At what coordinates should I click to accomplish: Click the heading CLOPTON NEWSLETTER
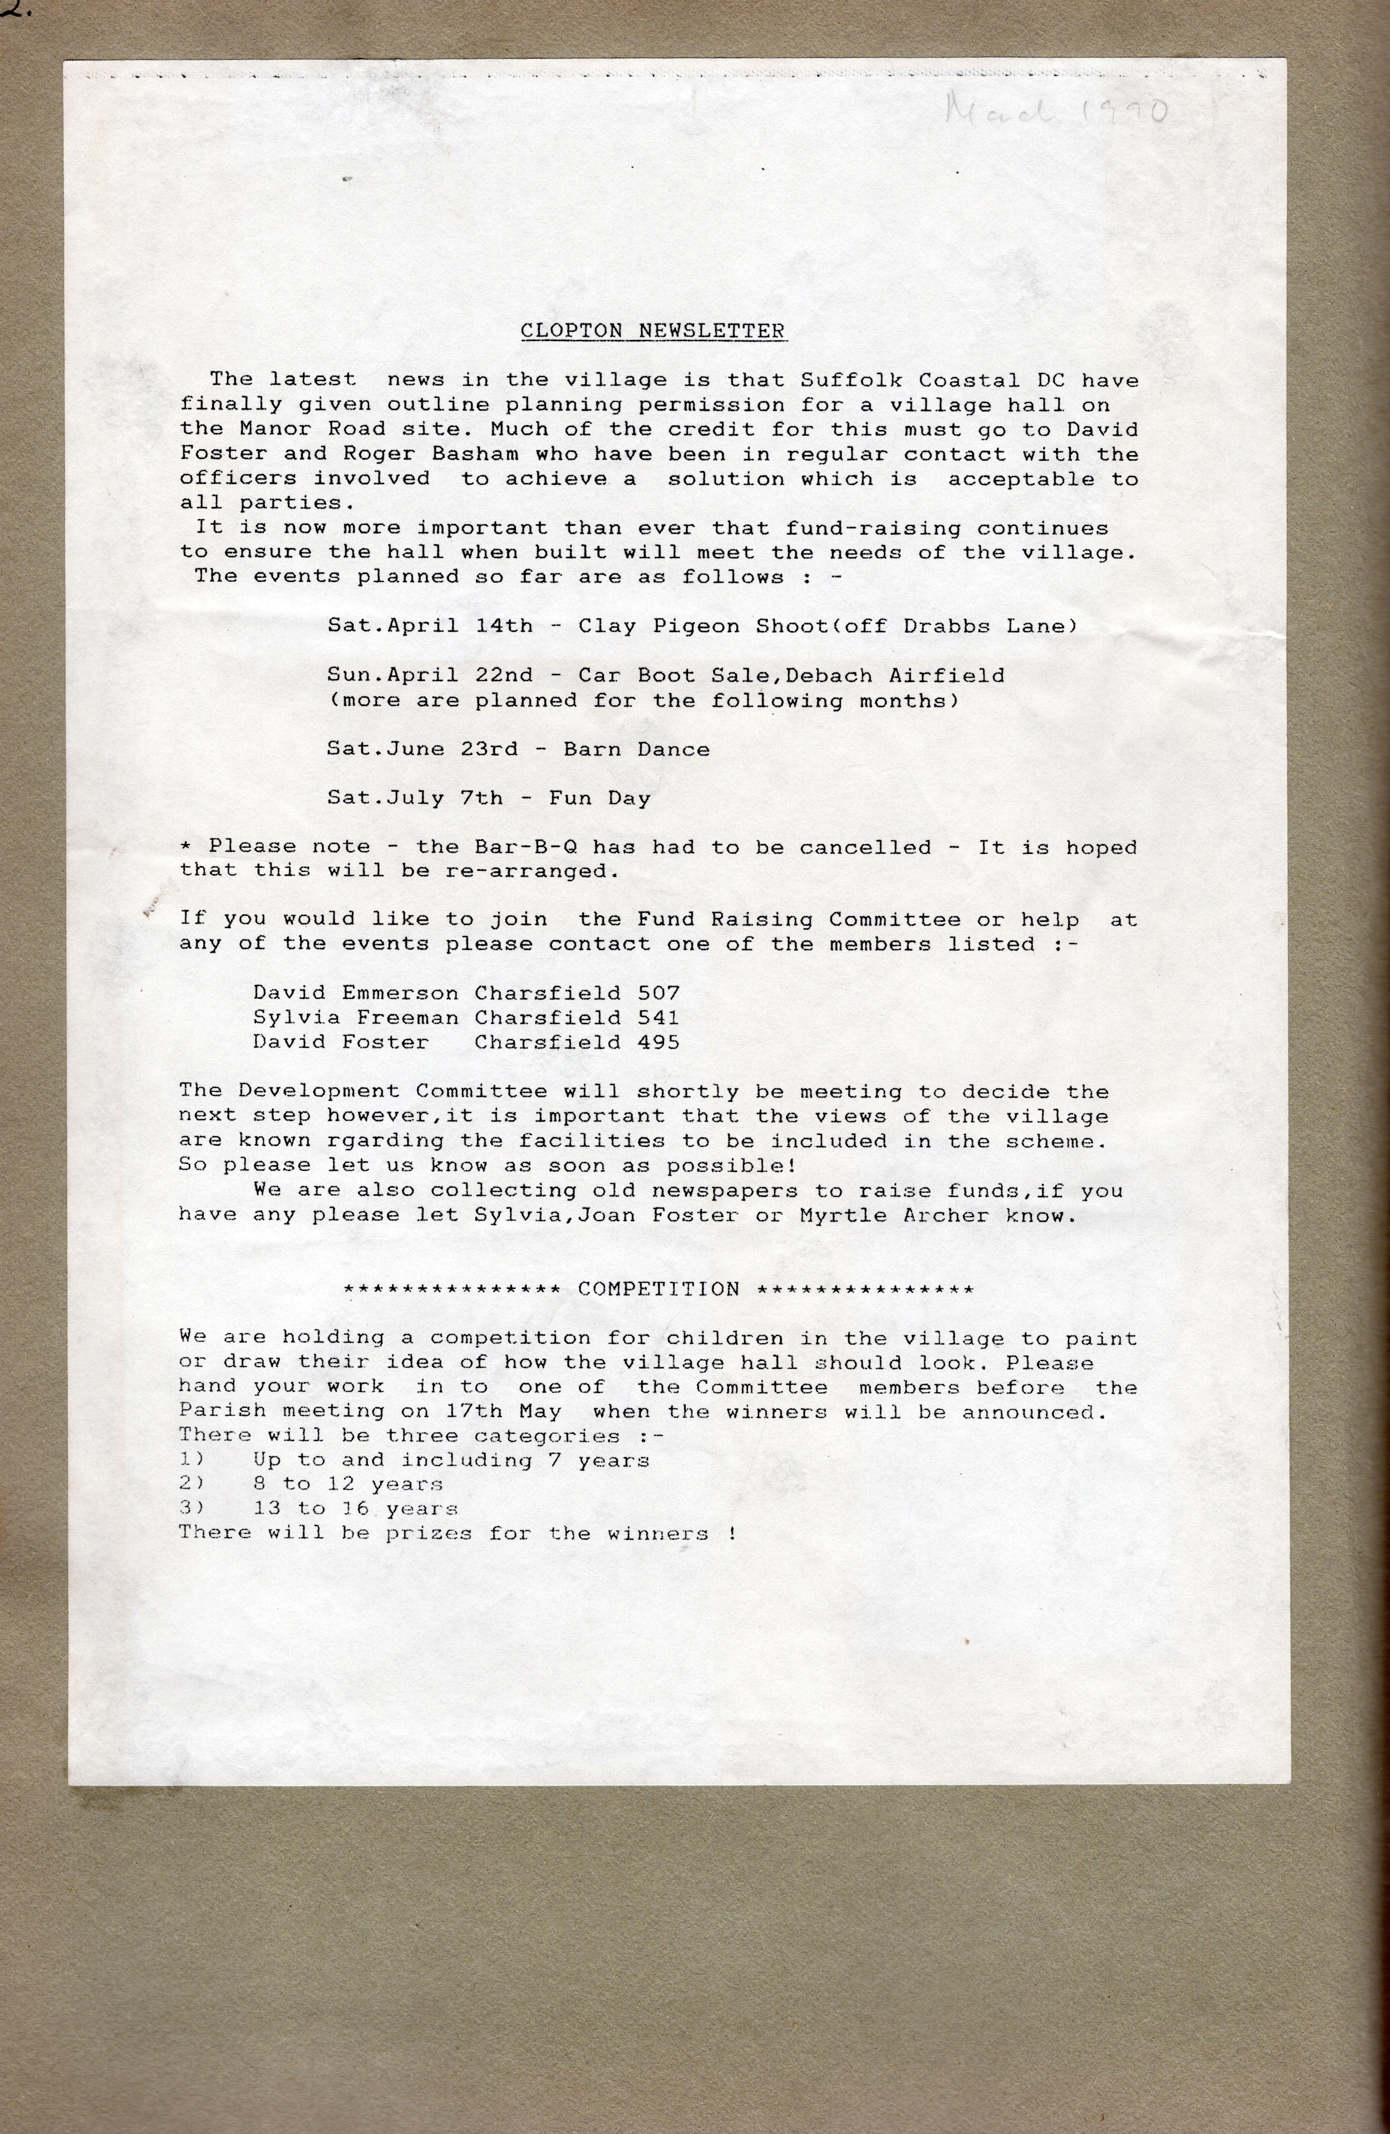pyautogui.click(x=653, y=331)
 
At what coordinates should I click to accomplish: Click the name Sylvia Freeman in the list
pyautogui.click(x=356, y=1017)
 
